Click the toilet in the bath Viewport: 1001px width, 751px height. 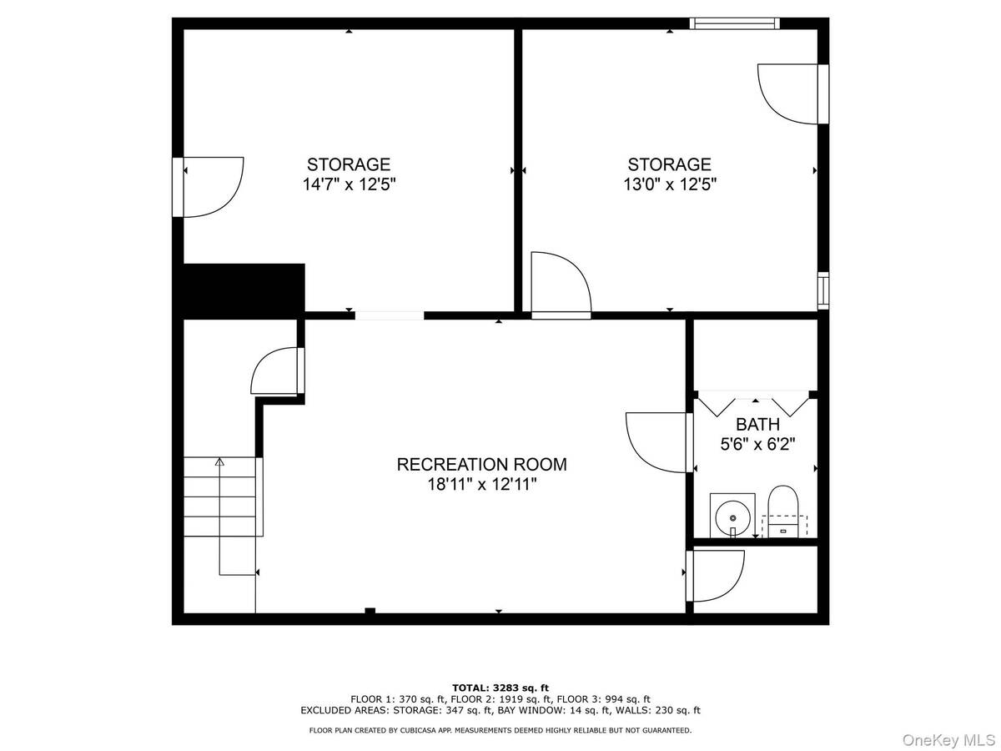783,512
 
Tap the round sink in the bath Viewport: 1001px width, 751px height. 732,518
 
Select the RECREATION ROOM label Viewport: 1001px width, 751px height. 481,464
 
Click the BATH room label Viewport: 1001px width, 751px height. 757,424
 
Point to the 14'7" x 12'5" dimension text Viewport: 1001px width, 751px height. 350,184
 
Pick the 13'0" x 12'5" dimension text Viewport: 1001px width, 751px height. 670,184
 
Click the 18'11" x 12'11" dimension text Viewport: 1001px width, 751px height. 481,484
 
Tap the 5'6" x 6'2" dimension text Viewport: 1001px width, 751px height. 757,444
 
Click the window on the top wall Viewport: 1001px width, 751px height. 734,23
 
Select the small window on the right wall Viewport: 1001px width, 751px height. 823,290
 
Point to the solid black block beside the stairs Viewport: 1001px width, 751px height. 244,291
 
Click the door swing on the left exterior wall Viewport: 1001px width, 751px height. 208,187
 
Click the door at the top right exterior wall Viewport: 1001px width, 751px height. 792,94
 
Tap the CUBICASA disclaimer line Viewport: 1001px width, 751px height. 500,730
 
